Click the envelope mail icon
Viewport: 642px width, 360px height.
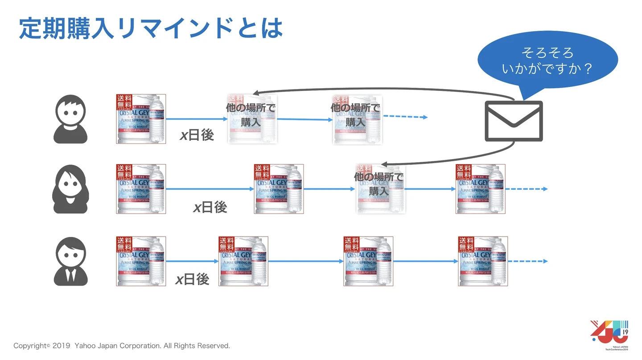tap(514, 121)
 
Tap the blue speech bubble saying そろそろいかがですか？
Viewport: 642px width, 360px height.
tap(547, 61)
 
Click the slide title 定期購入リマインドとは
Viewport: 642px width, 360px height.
tap(151, 28)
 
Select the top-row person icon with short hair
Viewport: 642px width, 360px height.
tap(70, 119)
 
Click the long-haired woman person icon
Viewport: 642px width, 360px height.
tap(70, 189)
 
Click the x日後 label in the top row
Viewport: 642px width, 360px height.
tap(197, 135)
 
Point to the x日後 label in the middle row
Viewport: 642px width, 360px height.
tap(210, 207)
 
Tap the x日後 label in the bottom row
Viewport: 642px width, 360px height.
tap(192, 279)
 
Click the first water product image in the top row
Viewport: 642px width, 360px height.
tap(141, 119)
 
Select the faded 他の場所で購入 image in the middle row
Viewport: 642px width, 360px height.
tap(380, 188)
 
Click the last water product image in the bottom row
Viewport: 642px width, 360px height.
tap(483, 261)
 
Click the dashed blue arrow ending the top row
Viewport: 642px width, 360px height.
tap(405, 117)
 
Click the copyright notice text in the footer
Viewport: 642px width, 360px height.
tap(122, 346)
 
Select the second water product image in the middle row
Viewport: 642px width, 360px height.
tap(279, 189)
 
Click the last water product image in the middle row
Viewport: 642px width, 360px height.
tap(481, 189)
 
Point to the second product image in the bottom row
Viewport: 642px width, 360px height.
tap(243, 261)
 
